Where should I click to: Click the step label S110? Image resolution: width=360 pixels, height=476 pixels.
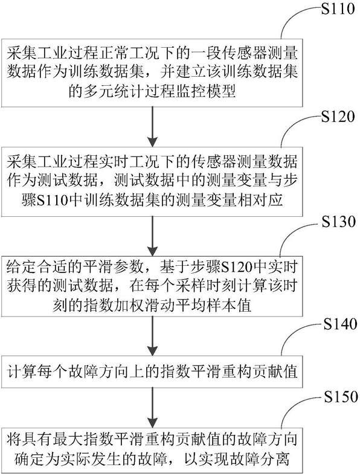pos(338,8)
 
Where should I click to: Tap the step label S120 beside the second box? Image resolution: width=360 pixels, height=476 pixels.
pos(338,116)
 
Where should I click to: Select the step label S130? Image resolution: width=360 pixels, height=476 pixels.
pos(339,222)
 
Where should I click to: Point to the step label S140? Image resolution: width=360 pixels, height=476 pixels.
pos(340,324)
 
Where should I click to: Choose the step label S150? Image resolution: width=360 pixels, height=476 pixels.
pos(341,396)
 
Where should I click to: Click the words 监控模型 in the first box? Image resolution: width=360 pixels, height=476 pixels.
pos(206,91)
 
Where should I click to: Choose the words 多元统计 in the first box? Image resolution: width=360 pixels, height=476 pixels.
pos(114,91)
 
